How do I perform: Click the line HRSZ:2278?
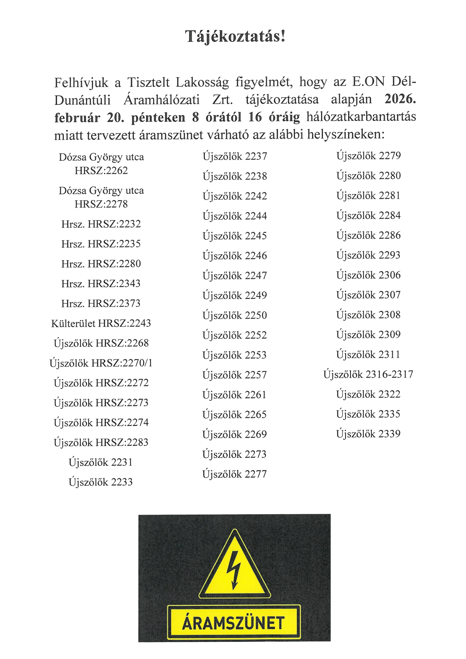point(101,204)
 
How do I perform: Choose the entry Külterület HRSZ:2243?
point(101,323)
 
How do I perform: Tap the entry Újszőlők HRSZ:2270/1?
point(101,363)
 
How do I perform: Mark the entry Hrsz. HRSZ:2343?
point(101,284)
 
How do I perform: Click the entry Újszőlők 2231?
point(101,462)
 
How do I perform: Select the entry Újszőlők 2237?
point(235,156)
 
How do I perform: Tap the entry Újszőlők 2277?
point(235,474)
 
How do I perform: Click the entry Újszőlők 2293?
point(368,255)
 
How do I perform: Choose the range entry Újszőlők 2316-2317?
point(368,374)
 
